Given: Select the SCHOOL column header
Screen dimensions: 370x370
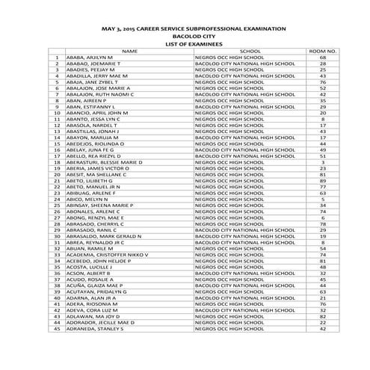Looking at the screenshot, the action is pyautogui.click(x=250, y=51).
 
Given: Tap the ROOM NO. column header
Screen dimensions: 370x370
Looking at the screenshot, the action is pyautogui.click(x=323, y=51).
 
